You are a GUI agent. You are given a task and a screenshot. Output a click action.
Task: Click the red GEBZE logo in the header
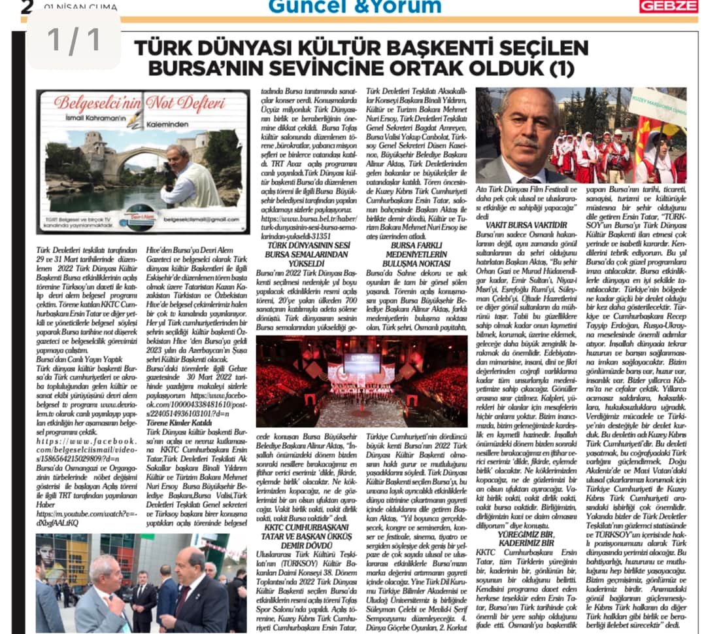coord(668,7)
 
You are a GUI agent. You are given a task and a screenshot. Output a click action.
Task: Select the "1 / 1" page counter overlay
coord(74,40)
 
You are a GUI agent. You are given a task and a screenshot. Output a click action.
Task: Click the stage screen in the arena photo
coord(361,361)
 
